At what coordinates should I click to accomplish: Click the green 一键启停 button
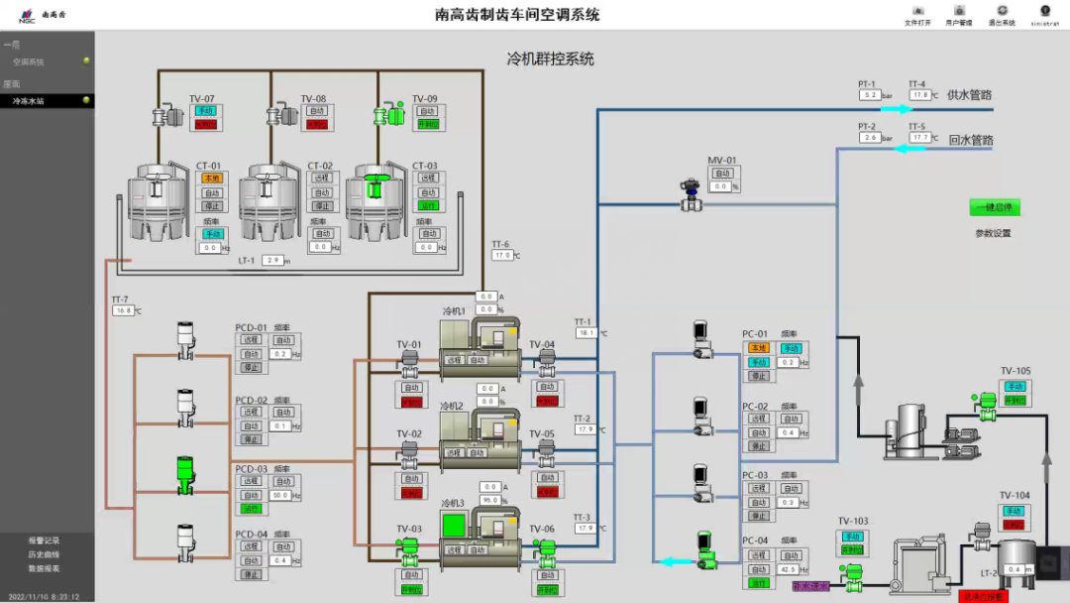click(994, 207)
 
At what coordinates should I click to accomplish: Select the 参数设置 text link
click(993, 234)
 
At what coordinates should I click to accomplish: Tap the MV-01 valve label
click(722, 161)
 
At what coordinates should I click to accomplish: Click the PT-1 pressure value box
click(870, 95)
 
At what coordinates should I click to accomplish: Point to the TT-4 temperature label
click(916, 84)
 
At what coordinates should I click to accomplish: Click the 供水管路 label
click(970, 95)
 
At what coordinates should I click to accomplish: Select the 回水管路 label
click(970, 141)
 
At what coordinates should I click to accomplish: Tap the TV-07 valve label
click(202, 99)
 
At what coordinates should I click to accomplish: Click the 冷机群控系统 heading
click(550, 60)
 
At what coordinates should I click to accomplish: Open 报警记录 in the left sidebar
click(44, 541)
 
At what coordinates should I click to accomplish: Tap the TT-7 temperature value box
click(123, 310)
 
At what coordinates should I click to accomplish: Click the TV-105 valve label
click(1016, 371)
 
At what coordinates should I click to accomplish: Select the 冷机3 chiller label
click(453, 503)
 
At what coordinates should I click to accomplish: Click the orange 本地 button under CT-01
click(212, 179)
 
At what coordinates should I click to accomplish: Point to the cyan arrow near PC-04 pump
click(677, 561)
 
